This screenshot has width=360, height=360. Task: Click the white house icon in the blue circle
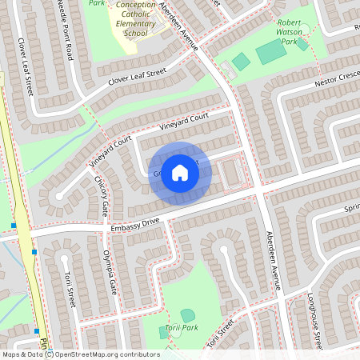point(180,172)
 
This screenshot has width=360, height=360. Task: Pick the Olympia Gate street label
point(110,271)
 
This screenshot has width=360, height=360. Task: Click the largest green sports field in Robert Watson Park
point(271,52)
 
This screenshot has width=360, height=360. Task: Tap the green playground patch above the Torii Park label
point(187,315)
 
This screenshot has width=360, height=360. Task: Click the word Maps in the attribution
point(12,354)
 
